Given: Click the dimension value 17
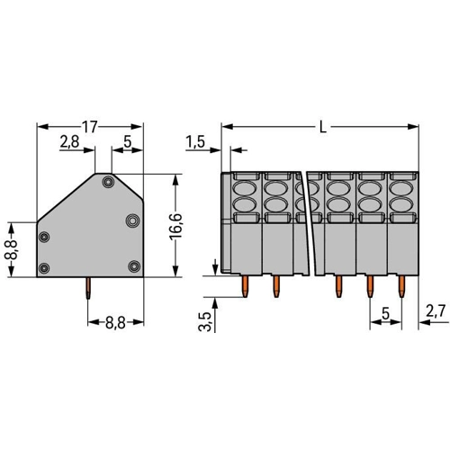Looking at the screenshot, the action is tap(90, 127).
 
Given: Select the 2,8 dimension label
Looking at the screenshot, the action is tap(69, 141).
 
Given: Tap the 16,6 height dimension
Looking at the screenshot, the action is tap(175, 226).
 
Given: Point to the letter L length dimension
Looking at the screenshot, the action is tap(323, 128).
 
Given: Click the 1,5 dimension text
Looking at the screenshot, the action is tap(195, 141).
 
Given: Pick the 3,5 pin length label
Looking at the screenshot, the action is tap(204, 321).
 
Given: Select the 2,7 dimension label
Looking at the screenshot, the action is tap(436, 312).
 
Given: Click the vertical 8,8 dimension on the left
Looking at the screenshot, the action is tap(11, 249).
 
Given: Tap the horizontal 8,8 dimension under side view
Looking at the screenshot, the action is tap(115, 323).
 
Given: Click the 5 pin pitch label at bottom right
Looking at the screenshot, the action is tap(385, 314).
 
